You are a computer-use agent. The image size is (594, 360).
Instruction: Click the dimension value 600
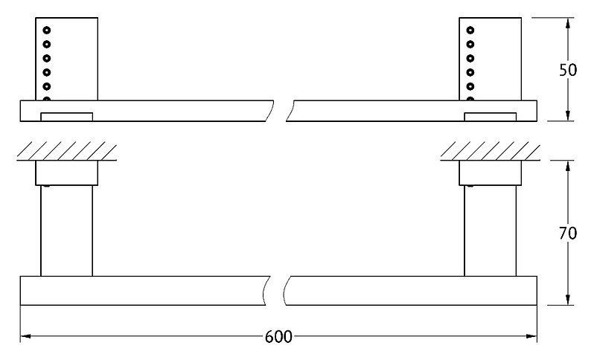pos(278,337)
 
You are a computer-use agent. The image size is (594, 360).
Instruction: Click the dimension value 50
pos(567,70)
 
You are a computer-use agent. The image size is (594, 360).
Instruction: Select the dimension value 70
pos(567,233)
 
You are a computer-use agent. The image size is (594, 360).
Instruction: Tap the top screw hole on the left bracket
pos(46,30)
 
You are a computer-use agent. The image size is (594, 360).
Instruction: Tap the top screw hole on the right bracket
pos(470,30)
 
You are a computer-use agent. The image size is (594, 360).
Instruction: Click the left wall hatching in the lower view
pos(66,150)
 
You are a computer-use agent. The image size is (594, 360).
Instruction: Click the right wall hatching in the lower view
pos(489,150)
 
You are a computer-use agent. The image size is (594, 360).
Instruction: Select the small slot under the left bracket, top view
pos(67,116)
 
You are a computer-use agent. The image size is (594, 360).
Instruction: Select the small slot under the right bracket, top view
pos(490,116)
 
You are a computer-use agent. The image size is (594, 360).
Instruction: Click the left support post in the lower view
pos(66,231)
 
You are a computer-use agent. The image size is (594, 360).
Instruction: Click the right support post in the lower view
pos(489,231)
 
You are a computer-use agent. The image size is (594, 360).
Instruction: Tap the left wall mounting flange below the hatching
pos(66,173)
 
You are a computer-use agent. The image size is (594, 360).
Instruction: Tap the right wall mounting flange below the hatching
pos(489,173)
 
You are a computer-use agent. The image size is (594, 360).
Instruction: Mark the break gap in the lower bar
pos(277,291)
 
